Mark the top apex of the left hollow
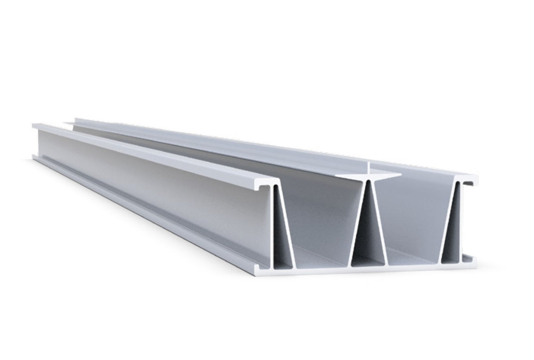(276, 187)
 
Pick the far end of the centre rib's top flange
(77, 120)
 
